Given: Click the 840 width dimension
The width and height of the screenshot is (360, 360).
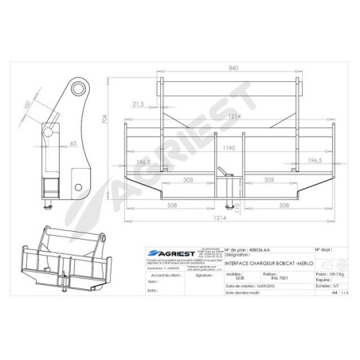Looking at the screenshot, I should pyautogui.click(x=232, y=68).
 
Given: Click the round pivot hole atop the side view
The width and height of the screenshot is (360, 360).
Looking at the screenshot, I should pyautogui.click(x=79, y=87).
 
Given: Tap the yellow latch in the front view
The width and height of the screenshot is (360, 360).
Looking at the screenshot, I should pyautogui.click(x=229, y=171).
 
